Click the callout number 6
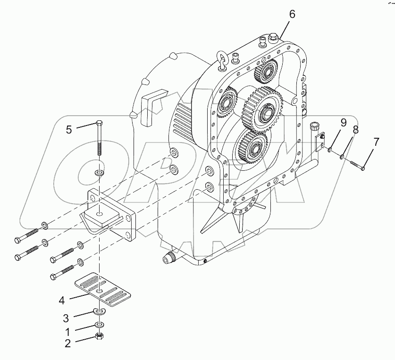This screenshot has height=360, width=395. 292,14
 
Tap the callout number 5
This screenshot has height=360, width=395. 69,129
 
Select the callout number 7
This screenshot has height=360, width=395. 376,141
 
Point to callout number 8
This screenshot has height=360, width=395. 356,129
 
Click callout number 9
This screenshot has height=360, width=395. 343,123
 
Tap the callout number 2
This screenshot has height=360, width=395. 68,343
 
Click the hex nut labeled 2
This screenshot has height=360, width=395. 100,336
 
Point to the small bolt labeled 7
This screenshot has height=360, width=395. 356,165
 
